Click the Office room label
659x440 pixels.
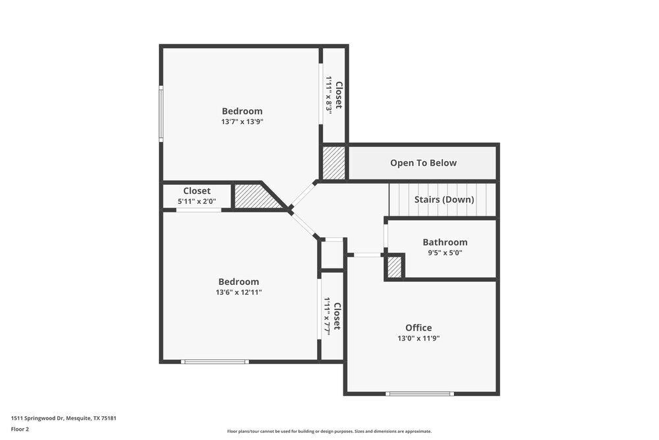(x=418, y=328)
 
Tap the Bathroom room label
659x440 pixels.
(x=445, y=242)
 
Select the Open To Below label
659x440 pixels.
(x=423, y=163)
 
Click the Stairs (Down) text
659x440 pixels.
(x=444, y=199)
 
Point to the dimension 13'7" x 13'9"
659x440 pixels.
(x=242, y=121)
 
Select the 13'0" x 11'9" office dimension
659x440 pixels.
(x=418, y=338)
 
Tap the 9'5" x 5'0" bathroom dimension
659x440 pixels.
(x=445, y=252)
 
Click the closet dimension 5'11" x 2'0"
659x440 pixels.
(x=197, y=201)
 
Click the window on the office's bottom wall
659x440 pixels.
(x=420, y=394)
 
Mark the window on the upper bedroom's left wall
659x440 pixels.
(x=161, y=113)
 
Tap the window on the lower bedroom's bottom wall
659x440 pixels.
(x=215, y=361)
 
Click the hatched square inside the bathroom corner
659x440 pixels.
(x=394, y=267)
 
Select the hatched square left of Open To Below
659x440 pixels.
(x=333, y=162)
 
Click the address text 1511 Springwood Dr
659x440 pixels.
(x=63, y=418)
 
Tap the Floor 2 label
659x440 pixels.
(x=20, y=429)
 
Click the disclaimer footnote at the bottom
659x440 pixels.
(x=329, y=431)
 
